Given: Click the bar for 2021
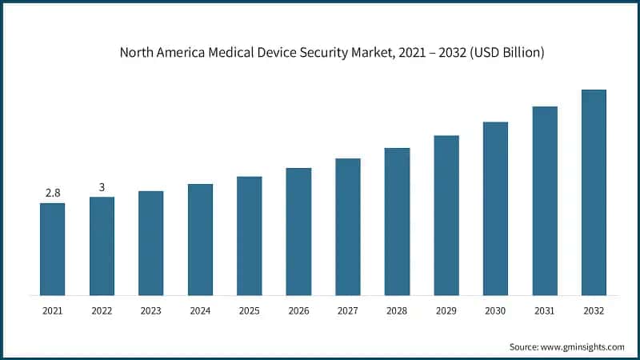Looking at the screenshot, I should coord(53,249).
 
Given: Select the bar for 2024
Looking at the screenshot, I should coord(200,239).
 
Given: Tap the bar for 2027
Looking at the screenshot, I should coord(347,226).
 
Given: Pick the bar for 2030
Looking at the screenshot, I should coord(495,208).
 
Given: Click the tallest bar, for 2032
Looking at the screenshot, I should coord(594,192).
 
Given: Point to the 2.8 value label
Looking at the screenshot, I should coord(53,193).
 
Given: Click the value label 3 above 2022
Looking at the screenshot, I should coord(102,187).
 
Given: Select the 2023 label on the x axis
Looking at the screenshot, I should coord(150,310).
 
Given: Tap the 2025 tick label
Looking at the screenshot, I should coord(249,310).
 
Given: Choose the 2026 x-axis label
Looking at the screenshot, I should coord(298,310).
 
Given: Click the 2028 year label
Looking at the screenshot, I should coord(397,310).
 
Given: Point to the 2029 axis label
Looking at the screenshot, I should coord(446,310).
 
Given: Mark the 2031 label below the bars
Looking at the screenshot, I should coord(544,310).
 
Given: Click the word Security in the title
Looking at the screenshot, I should coord(314,54).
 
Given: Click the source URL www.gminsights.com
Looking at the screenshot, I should coord(583,346).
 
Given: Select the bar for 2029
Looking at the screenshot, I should coord(446,215).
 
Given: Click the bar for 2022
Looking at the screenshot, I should coord(102,246).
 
